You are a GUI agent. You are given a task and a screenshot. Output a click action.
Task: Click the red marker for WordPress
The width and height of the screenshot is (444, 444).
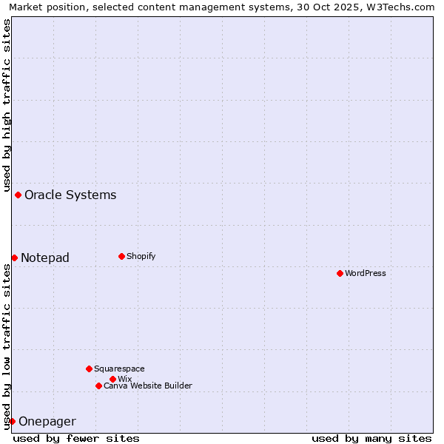tap(340, 273)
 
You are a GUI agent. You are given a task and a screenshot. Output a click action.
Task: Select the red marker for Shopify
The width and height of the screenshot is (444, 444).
tap(121, 256)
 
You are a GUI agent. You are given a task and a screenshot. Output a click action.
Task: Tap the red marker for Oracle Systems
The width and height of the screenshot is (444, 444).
tap(18, 195)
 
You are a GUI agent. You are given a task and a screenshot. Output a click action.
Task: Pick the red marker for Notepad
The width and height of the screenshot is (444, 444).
tap(14, 258)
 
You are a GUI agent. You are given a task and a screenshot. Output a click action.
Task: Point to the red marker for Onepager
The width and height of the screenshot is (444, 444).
tap(12, 421)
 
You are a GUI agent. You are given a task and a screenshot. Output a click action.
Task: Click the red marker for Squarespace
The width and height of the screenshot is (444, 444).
tap(89, 369)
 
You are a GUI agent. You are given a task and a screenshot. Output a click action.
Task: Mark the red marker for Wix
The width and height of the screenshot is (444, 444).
tap(112, 379)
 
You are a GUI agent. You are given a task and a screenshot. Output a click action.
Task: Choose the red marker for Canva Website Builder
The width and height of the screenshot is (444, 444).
tap(98, 386)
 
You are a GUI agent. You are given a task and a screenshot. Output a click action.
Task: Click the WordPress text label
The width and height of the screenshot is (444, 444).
tap(366, 273)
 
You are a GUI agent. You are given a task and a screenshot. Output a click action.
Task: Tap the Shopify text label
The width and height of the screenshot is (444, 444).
tap(141, 256)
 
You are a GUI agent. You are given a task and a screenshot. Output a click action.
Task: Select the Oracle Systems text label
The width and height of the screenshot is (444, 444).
tap(70, 195)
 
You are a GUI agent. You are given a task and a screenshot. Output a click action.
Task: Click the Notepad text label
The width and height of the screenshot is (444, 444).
tap(45, 258)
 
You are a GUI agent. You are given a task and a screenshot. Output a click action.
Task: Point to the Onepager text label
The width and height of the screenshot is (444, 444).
tap(47, 421)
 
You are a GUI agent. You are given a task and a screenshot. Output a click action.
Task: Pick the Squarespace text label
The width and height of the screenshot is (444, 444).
tap(119, 369)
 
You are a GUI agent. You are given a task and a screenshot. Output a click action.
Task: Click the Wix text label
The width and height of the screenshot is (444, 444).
tap(125, 379)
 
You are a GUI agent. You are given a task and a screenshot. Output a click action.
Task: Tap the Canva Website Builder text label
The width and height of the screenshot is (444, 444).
tap(148, 386)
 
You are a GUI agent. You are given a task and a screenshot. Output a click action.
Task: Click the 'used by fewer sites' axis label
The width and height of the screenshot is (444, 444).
tap(76, 438)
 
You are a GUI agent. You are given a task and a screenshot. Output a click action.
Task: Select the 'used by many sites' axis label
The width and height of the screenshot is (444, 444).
tap(371, 438)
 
